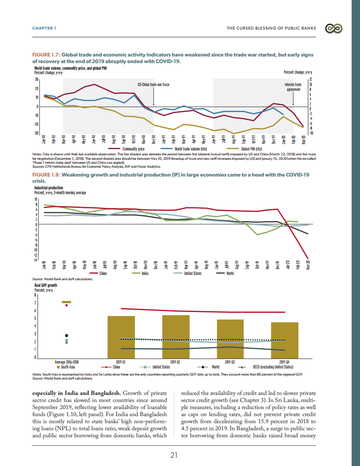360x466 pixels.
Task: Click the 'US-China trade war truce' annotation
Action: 154,84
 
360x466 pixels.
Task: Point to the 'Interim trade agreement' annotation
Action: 293,86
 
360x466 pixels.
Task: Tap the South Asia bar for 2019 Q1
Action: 121,336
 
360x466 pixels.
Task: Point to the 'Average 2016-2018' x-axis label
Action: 67,362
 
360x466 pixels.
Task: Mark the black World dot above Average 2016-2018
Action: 67,335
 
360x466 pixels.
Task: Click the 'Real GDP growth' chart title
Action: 46,286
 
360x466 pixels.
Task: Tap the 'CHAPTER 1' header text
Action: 44,29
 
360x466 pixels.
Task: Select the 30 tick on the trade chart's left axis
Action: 37,79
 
